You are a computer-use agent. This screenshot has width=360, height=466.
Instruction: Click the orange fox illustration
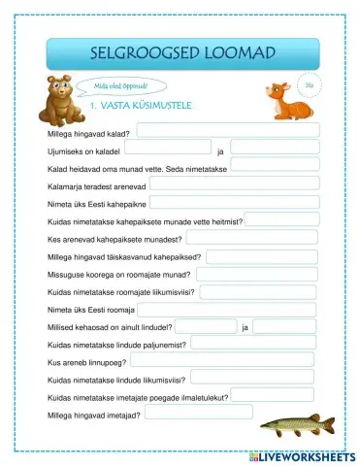tap(282, 96)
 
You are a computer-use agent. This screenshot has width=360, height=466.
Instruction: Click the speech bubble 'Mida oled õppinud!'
tap(115, 86)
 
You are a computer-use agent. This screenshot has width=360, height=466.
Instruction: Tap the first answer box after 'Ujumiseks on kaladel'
tap(168, 149)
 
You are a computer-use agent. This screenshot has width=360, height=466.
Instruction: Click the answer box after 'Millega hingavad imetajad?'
tap(198, 413)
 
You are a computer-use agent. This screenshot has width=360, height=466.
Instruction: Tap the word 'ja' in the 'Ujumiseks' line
tap(220, 152)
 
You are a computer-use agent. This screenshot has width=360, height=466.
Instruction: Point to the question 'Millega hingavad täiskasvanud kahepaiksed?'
tap(124, 257)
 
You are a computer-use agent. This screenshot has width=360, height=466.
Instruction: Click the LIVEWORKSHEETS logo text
tap(302, 456)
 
